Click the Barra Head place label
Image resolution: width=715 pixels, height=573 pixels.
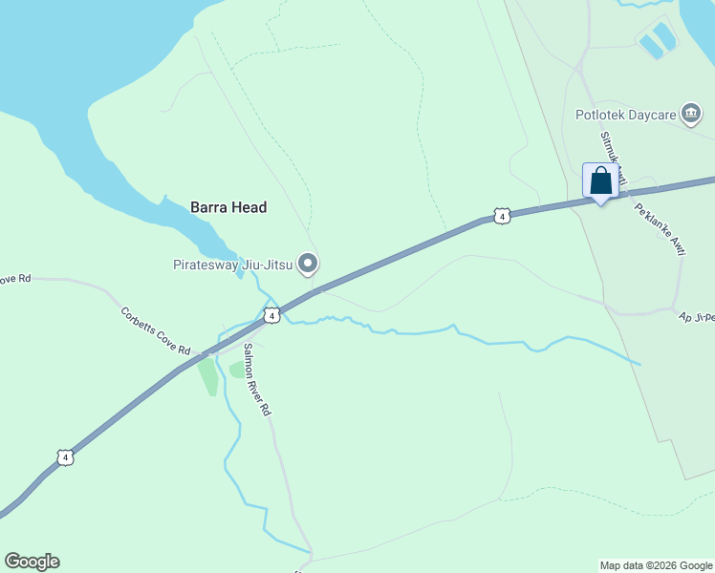227,206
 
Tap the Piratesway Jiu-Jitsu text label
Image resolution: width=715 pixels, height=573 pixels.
232,265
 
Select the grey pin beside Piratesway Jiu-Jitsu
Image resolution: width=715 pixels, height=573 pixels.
307,263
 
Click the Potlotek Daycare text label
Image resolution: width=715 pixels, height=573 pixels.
625,116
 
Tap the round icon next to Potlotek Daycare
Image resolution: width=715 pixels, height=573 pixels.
690,114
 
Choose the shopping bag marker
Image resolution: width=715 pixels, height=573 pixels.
600,180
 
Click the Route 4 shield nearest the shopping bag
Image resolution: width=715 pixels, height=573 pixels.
501,217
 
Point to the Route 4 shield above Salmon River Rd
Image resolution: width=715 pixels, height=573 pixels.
272,315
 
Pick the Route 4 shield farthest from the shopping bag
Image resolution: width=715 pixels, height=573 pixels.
64,457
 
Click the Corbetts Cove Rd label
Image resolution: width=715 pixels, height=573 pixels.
155,329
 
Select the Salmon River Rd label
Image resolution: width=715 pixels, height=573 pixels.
257,379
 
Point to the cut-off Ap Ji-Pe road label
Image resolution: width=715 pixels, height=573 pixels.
696,317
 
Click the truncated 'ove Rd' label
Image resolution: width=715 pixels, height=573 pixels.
15,278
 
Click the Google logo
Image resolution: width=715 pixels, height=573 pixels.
32,562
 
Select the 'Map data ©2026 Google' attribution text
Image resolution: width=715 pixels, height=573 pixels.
656,565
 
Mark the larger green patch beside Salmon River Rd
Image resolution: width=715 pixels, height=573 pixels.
207,376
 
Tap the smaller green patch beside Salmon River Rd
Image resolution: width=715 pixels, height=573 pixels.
236,370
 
